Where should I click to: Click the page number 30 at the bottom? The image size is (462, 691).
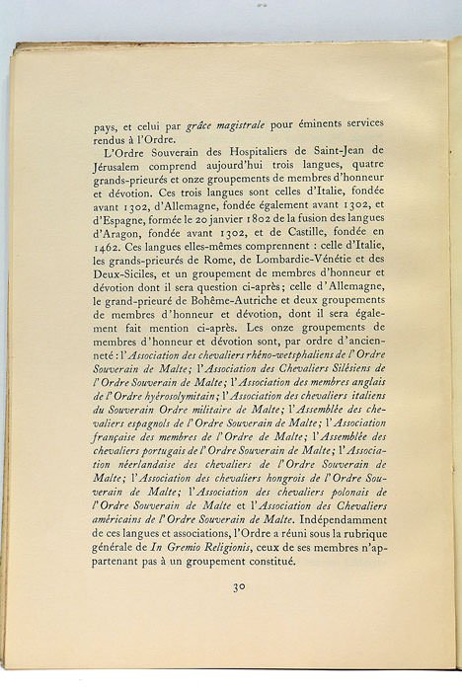click(239, 586)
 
